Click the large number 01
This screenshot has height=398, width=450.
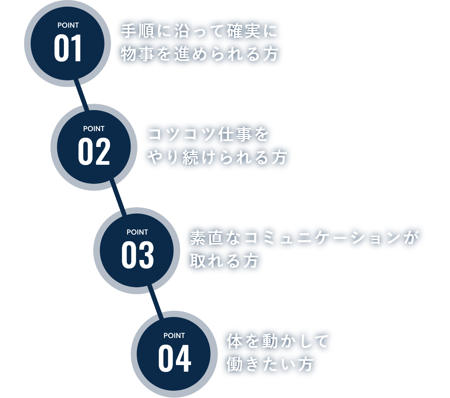pos(68,49)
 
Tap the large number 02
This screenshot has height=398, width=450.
pos(94,152)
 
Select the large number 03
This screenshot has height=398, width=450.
pos(137,255)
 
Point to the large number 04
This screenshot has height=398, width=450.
pos(175,359)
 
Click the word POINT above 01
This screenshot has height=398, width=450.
pos(68,25)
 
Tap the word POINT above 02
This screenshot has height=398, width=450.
pos(94,129)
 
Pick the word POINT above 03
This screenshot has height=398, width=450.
pos(137,232)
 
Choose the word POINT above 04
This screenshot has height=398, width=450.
pos(174,336)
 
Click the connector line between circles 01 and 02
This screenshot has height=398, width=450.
pos(82,96)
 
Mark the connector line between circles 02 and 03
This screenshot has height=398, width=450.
pos(118,199)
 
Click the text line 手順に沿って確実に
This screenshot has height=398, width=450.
pos(199,32)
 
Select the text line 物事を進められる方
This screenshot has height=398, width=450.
pos(200,54)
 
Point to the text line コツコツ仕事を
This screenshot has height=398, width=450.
pos(209,135)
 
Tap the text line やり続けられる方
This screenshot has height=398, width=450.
pos(217,157)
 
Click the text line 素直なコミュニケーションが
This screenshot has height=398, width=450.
pos(305,238)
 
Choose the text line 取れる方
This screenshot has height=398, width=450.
pos(224,261)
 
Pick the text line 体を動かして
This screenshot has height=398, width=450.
pos(278,341)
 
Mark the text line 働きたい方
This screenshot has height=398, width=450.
pos(269,364)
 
